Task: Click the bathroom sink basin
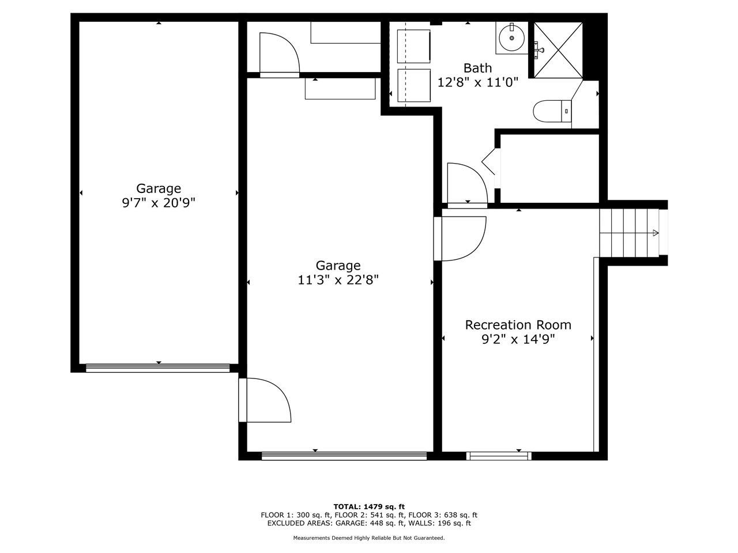click(511, 38)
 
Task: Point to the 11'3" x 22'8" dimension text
click(338, 280)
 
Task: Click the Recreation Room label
click(518, 325)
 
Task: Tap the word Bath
click(478, 68)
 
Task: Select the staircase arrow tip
click(656, 233)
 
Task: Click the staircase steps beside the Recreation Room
click(628, 233)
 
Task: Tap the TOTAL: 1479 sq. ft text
click(369, 506)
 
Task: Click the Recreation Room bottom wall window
click(499, 456)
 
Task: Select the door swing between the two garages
click(266, 400)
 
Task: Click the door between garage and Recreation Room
click(461, 238)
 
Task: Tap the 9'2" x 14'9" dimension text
click(518, 339)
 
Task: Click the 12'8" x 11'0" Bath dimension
click(478, 82)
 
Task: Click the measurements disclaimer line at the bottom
click(369, 538)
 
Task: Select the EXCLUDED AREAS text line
click(369, 523)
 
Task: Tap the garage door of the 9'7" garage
click(157, 368)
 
